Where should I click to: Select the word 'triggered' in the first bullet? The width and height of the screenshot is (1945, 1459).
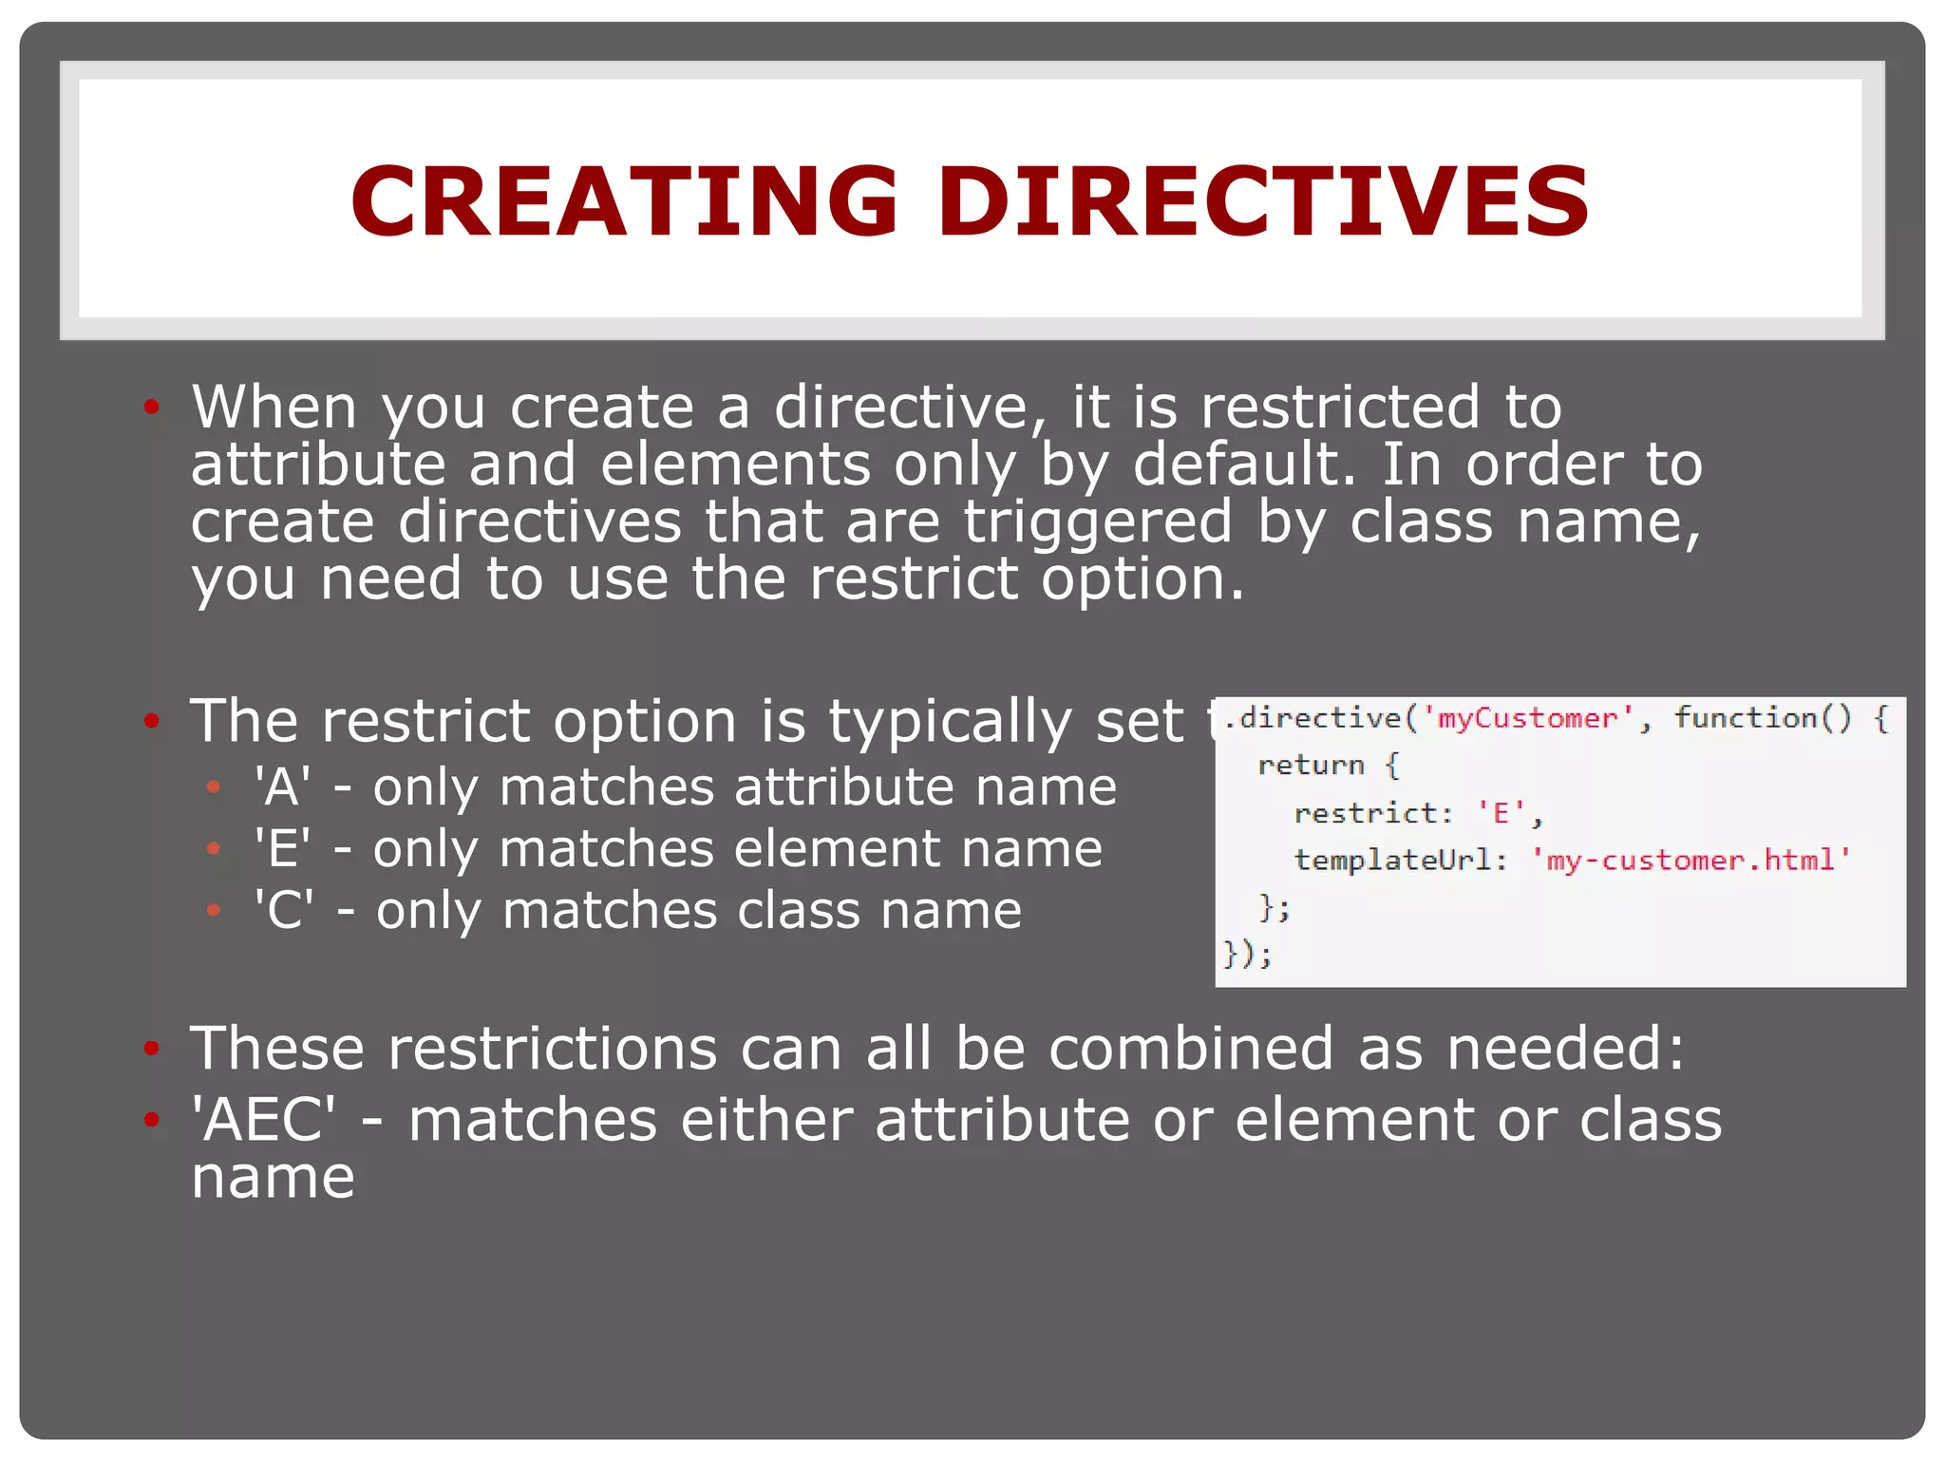click(x=1098, y=522)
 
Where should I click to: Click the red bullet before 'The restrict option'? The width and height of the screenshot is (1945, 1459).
click(x=151, y=721)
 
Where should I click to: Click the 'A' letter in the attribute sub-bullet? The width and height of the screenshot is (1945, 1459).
click(x=281, y=788)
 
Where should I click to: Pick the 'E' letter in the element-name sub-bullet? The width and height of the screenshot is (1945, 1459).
click(x=281, y=849)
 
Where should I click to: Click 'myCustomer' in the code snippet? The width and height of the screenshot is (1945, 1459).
click(x=1527, y=718)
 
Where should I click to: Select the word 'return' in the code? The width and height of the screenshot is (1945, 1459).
click(x=1311, y=766)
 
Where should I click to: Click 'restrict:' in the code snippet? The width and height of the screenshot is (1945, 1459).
click(x=1373, y=813)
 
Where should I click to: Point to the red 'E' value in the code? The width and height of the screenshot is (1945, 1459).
click(x=1501, y=813)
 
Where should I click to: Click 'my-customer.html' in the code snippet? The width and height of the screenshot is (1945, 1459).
click(x=1690, y=861)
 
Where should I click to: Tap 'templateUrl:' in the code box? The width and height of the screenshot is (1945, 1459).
click(x=1401, y=861)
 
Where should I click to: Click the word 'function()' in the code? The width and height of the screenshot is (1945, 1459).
click(x=1763, y=718)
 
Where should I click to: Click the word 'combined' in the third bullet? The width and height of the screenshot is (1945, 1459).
click(x=1191, y=1049)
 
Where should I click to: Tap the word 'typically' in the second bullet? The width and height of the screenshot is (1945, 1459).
click(x=950, y=722)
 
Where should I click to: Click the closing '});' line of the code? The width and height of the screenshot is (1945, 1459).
click(x=1246, y=954)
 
